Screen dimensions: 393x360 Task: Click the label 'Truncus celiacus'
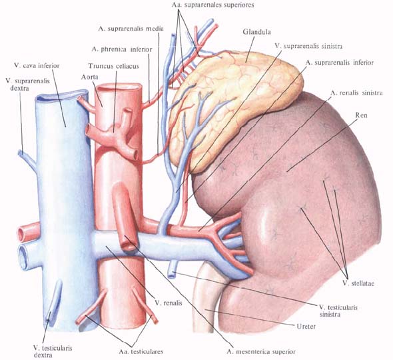coord(113,66)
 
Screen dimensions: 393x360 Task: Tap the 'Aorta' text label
coord(89,77)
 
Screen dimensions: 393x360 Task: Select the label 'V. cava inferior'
coord(37,66)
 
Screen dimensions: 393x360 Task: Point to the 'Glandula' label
coord(256,32)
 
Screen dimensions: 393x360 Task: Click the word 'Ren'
coord(361,115)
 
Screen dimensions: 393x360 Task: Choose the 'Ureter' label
coord(306,327)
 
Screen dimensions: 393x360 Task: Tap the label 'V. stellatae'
coord(358,283)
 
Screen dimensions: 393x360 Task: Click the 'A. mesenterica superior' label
coord(261,351)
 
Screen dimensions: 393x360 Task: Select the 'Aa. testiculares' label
coord(141,351)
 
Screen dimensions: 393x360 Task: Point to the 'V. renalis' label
coord(169,303)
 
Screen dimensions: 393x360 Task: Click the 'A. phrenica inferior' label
coord(122,49)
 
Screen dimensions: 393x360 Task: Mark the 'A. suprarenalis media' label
coord(131,29)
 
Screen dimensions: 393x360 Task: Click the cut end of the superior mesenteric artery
coord(129,243)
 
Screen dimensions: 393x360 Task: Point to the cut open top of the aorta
coord(119,87)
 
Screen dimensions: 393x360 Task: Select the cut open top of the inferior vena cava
coord(61,95)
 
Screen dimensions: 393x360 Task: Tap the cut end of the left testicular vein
coord(172,275)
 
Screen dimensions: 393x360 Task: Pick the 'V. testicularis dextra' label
coord(53,351)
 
